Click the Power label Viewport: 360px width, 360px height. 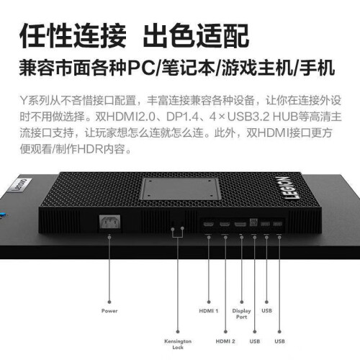pos(109,311)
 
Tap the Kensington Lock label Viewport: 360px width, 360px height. pos(178,344)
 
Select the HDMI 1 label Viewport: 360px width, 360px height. pos(209,311)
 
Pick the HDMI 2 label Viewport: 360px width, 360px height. pos(225,341)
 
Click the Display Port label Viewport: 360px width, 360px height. pos(241,314)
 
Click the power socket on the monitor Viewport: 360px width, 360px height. pos(109,222)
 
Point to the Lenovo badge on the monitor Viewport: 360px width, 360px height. pos(21,185)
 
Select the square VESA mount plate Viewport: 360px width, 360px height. pos(181,189)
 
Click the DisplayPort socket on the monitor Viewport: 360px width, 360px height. pos(240,224)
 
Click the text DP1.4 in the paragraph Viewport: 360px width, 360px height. pos(183,117)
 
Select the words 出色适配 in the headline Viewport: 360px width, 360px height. pos(196,37)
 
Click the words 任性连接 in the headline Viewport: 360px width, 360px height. pos(73,37)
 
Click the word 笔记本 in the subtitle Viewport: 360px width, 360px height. pos(189,68)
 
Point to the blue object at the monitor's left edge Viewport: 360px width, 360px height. pos(2,215)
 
